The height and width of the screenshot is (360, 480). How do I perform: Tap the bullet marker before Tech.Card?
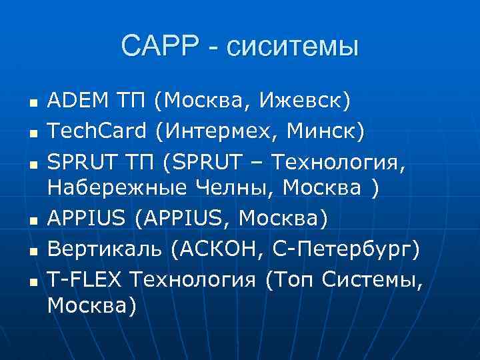coord(31,133)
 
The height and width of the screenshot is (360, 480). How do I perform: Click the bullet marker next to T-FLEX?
coord(31,279)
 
